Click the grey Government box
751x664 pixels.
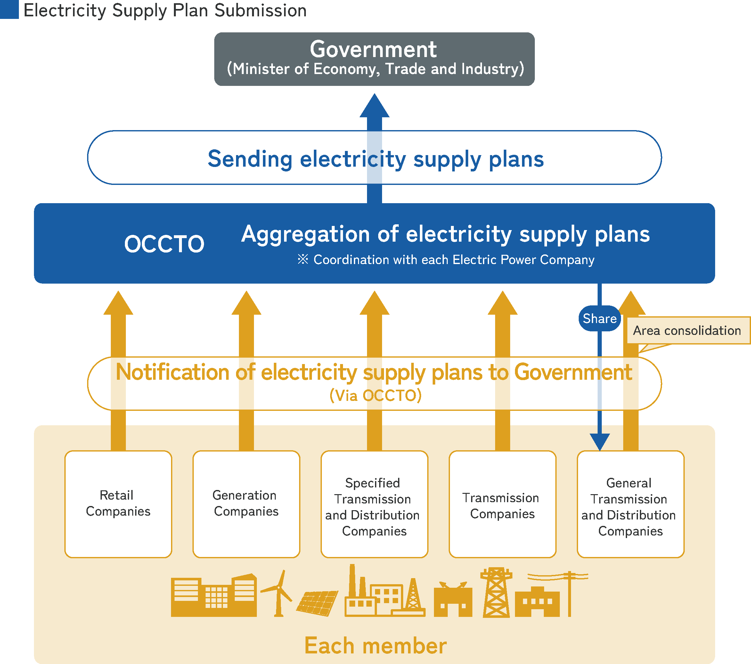tap(374, 59)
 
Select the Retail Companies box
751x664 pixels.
tap(118, 504)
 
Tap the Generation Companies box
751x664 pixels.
tap(246, 504)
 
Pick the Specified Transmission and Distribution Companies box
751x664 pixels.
tap(374, 504)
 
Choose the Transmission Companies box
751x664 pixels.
tap(502, 504)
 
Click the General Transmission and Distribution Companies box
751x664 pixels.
tap(630, 504)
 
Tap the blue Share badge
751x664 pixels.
tap(599, 319)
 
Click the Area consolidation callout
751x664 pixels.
tap(687, 330)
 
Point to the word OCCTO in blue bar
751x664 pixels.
tap(164, 244)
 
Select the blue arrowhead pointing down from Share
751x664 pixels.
tap(600, 441)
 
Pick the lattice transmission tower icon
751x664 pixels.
tap(496, 593)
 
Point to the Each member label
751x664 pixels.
tap(375, 646)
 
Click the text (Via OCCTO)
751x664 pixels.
tap(375, 395)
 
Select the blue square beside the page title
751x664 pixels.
tap(9, 9)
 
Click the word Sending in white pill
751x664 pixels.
tap(250, 159)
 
